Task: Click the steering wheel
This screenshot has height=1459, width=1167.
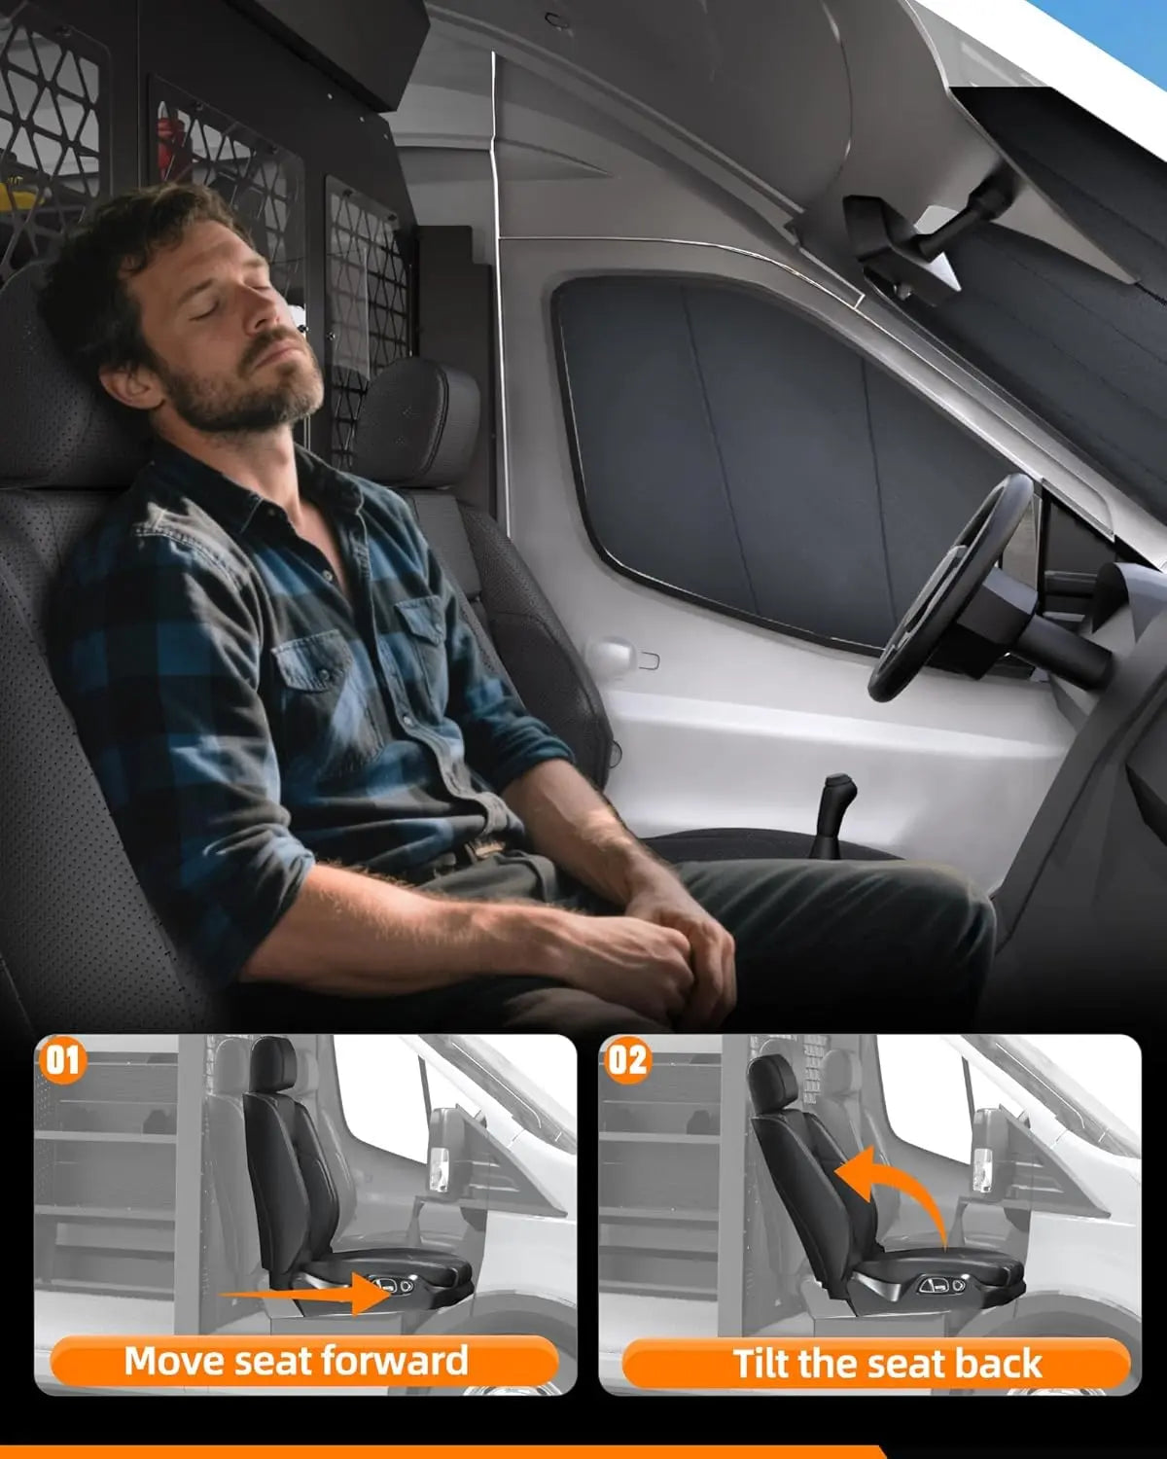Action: (948, 584)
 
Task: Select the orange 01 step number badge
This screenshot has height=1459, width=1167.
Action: (62, 1059)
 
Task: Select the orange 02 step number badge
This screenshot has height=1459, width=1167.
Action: (626, 1059)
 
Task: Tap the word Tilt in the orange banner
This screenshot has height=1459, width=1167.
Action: (765, 1364)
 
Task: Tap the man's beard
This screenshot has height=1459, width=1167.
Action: (243, 399)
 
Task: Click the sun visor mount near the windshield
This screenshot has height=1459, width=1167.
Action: (904, 243)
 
